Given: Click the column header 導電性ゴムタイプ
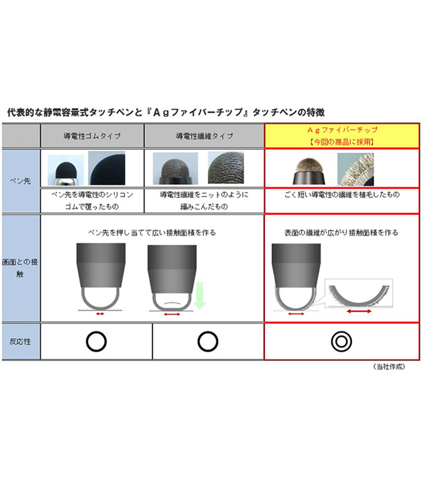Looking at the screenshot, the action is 92,136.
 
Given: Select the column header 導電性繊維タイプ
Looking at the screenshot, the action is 204,136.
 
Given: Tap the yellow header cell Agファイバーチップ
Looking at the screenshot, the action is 342,136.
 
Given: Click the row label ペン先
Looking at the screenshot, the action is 20,181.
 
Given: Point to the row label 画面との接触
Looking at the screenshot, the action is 20,268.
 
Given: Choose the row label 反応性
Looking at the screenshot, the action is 20,342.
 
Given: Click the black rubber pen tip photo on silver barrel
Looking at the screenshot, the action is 66,170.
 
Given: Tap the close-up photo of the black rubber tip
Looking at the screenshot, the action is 106,168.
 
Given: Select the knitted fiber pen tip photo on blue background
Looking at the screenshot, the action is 175,169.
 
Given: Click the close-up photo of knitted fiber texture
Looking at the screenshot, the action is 226,168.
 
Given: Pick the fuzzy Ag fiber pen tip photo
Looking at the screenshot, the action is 309,171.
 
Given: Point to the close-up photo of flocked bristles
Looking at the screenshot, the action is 355,169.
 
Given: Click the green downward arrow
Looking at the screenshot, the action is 200,295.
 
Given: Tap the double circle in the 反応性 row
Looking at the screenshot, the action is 341,342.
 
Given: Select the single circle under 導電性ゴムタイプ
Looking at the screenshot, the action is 97,342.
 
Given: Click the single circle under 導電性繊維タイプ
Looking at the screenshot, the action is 208,342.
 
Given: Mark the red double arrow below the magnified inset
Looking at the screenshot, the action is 359,311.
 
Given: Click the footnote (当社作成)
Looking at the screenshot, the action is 389,367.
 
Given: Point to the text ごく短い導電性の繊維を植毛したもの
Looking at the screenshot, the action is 342,194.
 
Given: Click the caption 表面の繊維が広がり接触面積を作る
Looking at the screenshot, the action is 341,233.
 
